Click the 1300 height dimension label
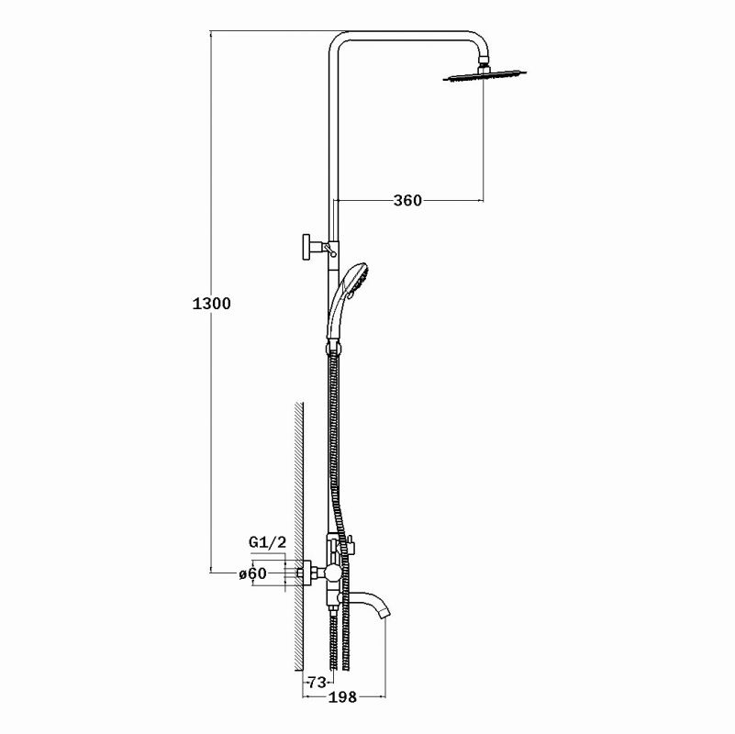pos(211,304)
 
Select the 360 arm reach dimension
pos(407,201)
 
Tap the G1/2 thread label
pos(267,542)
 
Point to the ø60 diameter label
pos(252,573)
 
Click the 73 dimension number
pos(317,683)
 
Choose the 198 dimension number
pos(342,697)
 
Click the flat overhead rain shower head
pos(484,76)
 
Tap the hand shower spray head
pos(356,276)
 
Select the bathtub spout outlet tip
pos(385,611)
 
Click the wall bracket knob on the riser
pos(307,247)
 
